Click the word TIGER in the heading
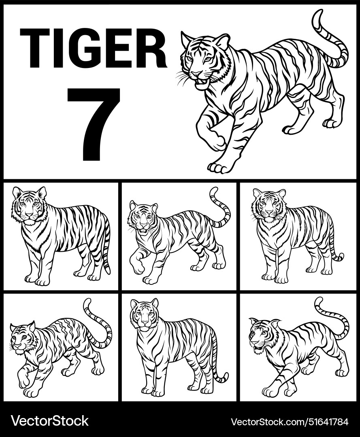[x=93, y=48]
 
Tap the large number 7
[x=94, y=123]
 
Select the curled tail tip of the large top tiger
[x=318, y=16]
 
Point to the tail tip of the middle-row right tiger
[x=339, y=257]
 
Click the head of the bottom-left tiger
[x=22, y=338]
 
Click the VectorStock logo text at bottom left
[x=49, y=421]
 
